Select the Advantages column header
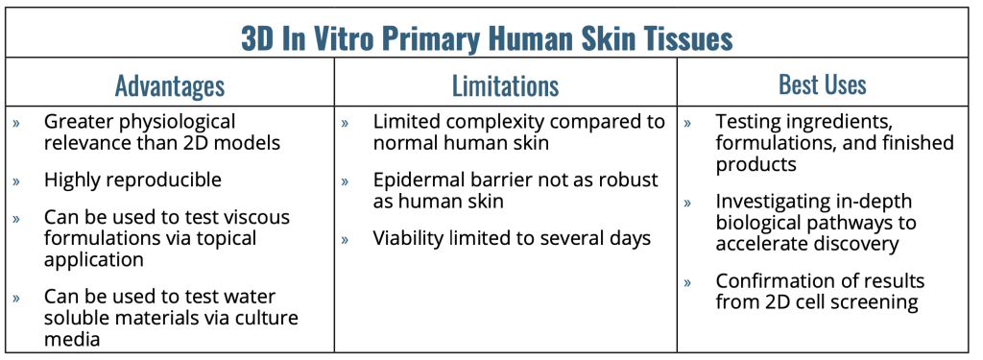(x=170, y=86)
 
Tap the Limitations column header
(x=505, y=86)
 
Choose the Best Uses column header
(x=823, y=84)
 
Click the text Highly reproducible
(x=132, y=180)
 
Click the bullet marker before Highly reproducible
(x=16, y=181)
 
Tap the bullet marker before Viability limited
(x=345, y=240)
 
